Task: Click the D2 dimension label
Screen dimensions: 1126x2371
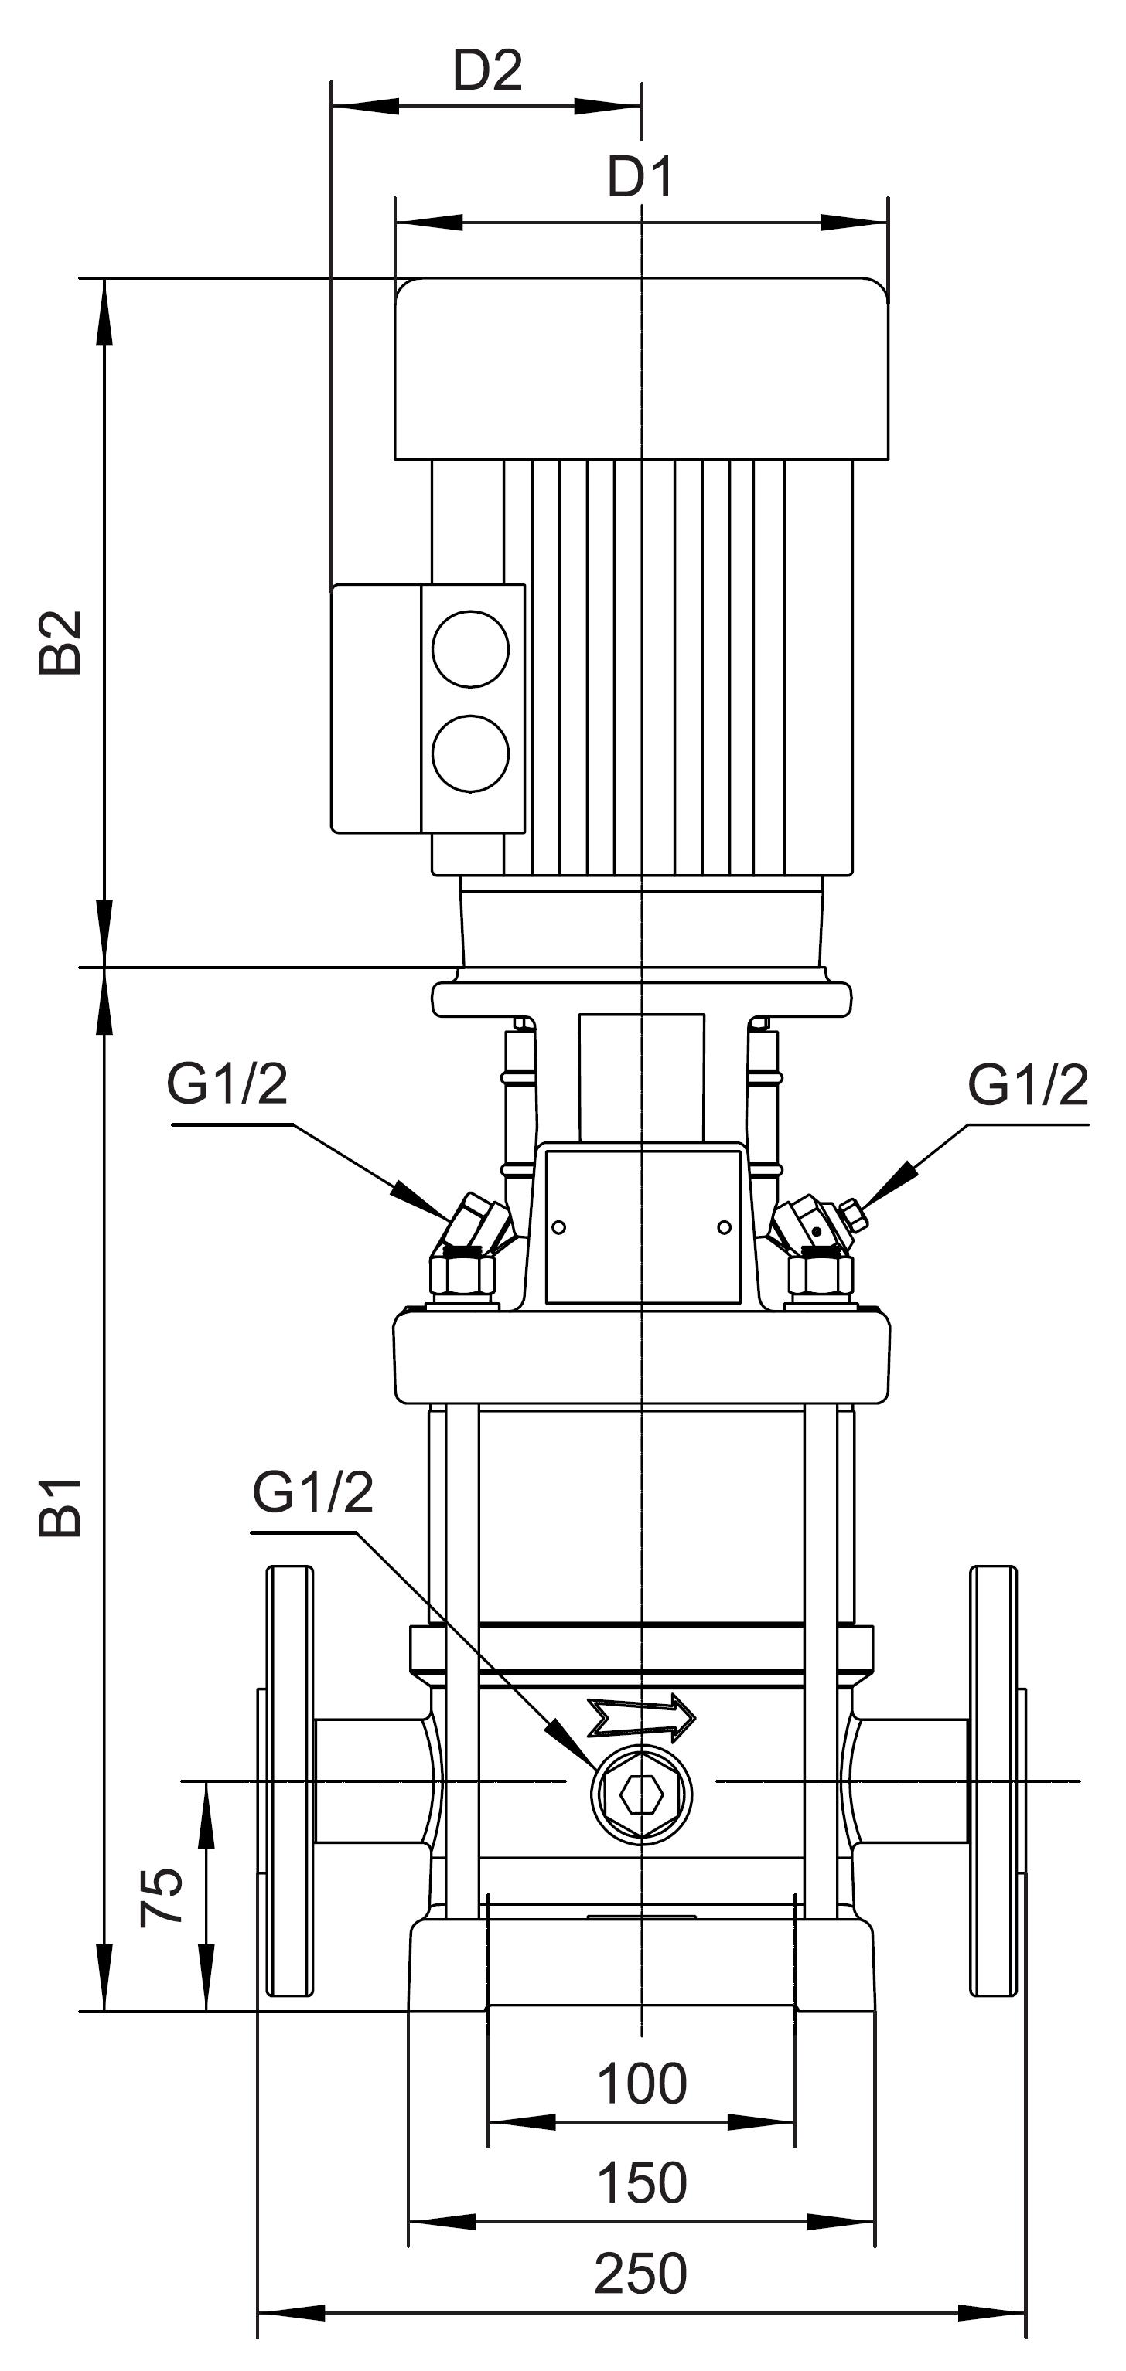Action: point(487,70)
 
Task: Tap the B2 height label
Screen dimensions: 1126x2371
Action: point(61,642)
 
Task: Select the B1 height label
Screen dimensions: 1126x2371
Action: point(61,1508)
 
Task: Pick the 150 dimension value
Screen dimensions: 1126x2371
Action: point(642,2182)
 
